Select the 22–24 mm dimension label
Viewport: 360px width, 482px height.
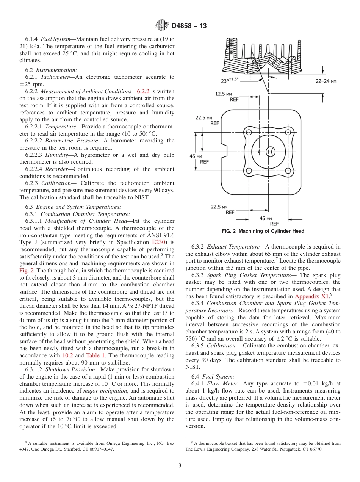tap(326, 81)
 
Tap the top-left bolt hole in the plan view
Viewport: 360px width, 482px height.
tap(249, 132)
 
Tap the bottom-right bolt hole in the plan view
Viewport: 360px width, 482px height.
tap(288, 171)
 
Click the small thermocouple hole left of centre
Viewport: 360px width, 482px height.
tap(259, 152)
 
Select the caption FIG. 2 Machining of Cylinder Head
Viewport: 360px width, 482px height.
tap(263, 231)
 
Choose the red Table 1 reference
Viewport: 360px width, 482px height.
tap(94, 355)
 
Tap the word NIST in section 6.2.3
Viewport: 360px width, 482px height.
tap(142, 197)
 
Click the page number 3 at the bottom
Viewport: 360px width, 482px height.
tap(180, 466)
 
